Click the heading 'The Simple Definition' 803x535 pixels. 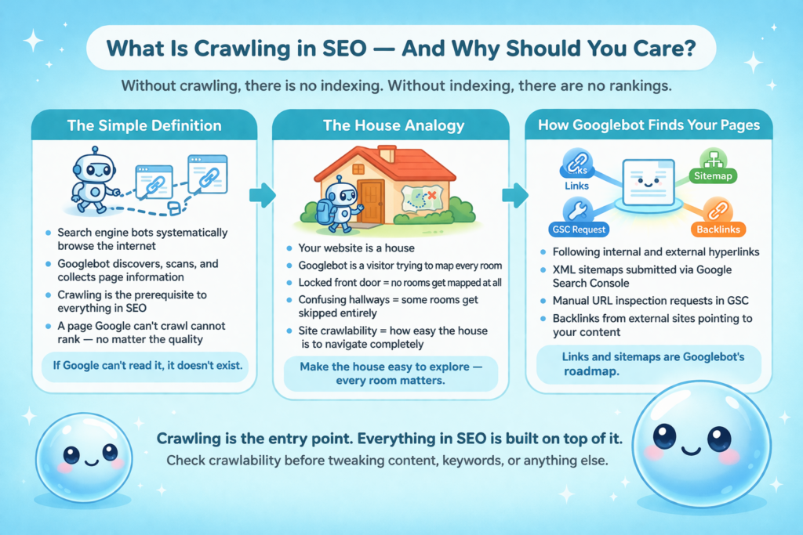144,125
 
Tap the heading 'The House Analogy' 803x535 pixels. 394,125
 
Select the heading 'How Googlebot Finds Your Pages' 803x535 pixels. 649,125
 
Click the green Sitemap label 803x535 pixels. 713,176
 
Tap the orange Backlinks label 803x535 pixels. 718,230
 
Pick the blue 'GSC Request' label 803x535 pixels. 579,230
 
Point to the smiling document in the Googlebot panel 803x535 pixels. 649,182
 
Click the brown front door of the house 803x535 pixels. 371,202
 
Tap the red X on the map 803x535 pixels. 432,195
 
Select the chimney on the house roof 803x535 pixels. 387,154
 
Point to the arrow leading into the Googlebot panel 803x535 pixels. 514,195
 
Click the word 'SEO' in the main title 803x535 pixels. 344,49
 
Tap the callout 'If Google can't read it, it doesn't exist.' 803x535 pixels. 147,366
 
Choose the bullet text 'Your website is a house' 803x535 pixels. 357,248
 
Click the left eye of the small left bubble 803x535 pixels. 71,454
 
